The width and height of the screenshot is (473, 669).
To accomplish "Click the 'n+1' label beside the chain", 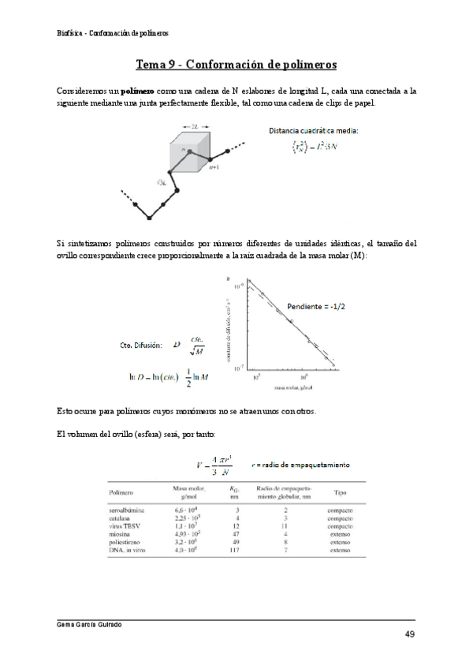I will coord(214,167).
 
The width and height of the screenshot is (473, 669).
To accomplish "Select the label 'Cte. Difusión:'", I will coord(141,345).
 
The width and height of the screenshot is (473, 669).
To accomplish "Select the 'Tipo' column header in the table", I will coord(341,492).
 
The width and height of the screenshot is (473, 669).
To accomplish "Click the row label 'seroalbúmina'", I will coord(125,511).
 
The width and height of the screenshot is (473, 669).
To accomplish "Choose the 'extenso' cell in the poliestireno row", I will coord(341,543).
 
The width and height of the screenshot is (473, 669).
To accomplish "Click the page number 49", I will coord(410,635).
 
